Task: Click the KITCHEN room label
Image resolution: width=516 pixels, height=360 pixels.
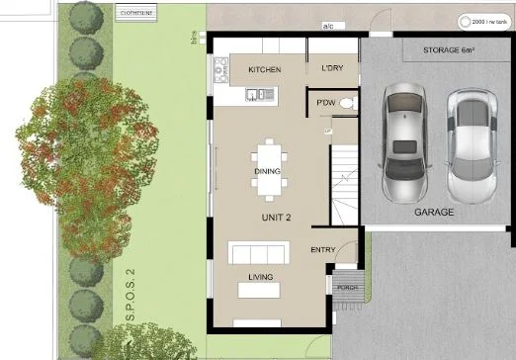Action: coord(264,70)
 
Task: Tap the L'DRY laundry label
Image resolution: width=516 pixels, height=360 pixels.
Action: coord(332,69)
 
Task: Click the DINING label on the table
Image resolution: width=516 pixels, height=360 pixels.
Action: coord(267,172)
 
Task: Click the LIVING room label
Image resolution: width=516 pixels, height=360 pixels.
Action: coord(261,277)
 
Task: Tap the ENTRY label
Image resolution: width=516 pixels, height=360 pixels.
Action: coord(323,249)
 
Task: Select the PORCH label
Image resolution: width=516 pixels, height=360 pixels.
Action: coord(347,288)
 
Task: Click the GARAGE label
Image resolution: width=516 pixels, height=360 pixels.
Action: coord(434,213)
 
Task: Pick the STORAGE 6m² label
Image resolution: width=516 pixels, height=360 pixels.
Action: coord(450,48)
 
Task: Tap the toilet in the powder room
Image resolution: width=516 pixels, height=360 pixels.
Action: coord(345,102)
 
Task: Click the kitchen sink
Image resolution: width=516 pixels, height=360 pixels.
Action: coord(260,95)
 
